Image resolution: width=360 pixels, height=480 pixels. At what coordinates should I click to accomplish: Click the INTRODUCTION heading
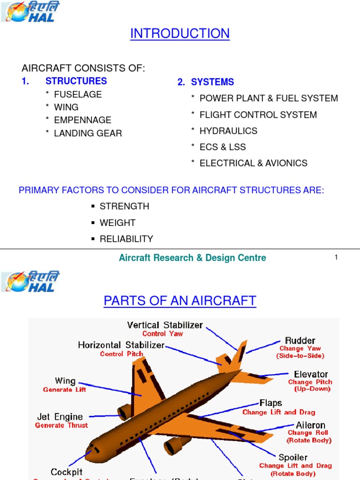pyautogui.click(x=180, y=34)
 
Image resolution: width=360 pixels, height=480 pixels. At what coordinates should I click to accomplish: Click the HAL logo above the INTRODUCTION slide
pyautogui.click(x=31, y=13)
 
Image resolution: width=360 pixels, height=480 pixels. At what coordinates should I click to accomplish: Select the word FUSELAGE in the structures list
pyautogui.click(x=78, y=94)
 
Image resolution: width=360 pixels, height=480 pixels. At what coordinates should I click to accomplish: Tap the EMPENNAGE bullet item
pyautogui.click(x=82, y=120)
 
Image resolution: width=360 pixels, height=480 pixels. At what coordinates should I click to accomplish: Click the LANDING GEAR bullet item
pyautogui.click(x=88, y=133)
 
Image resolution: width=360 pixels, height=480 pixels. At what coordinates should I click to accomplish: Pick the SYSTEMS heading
pyautogui.click(x=212, y=82)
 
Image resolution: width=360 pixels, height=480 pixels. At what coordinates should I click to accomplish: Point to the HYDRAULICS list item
pyautogui.click(x=228, y=131)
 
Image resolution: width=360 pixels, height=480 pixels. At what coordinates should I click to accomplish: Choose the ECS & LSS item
pyautogui.click(x=223, y=147)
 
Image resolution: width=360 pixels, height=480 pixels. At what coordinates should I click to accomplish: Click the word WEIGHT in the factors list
pyautogui.click(x=118, y=223)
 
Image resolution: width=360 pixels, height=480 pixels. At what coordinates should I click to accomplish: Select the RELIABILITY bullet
pyautogui.click(x=126, y=239)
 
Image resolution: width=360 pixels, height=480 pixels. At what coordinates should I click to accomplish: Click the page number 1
pyautogui.click(x=336, y=257)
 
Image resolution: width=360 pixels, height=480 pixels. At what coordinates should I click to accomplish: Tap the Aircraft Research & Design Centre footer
pyautogui.click(x=192, y=257)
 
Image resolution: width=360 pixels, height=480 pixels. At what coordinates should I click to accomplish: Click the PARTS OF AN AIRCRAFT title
pyautogui.click(x=180, y=301)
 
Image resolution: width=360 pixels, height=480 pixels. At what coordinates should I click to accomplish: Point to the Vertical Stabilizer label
pyautogui.click(x=165, y=325)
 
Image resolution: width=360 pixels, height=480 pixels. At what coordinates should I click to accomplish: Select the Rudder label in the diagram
pyautogui.click(x=300, y=340)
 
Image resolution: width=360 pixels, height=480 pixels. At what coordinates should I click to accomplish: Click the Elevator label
pyautogui.click(x=311, y=374)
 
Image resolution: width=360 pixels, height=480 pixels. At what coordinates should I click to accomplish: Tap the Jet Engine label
pyautogui.click(x=60, y=417)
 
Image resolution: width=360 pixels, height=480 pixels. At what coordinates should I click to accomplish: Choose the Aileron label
pyautogui.click(x=310, y=425)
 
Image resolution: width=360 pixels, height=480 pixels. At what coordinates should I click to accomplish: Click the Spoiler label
pyautogui.click(x=293, y=457)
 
